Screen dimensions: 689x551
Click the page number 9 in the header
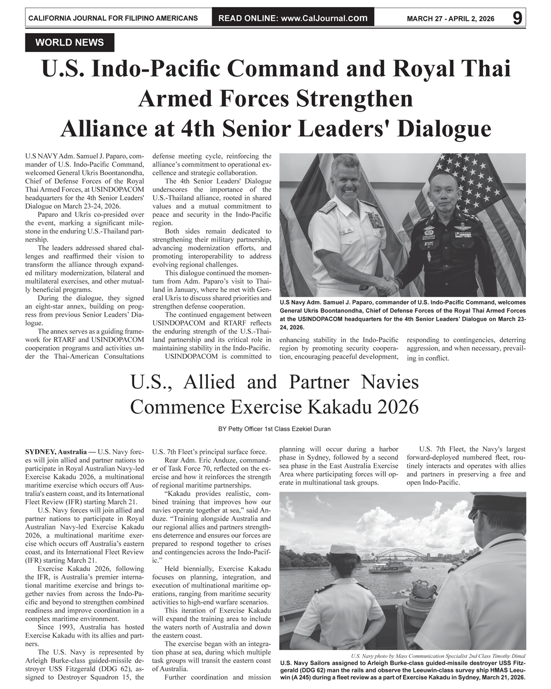517,18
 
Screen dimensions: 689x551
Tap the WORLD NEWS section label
70,43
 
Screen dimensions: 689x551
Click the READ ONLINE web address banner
293,18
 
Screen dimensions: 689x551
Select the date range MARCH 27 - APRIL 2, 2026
450,19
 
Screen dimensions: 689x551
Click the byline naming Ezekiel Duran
275,429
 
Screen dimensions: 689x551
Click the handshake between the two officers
386,283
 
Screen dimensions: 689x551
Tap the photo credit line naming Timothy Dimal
438,656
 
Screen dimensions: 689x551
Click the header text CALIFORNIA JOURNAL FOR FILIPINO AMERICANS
113,18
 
